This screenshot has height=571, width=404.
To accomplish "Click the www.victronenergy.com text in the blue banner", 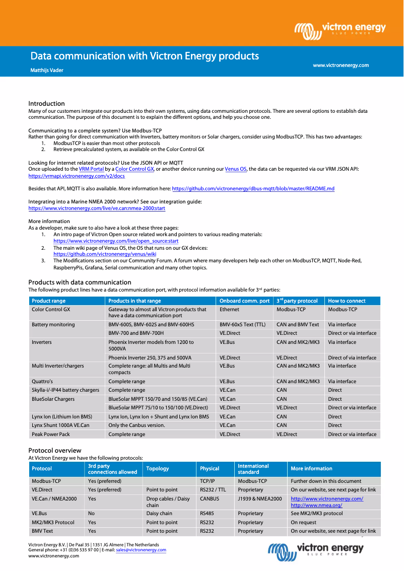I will click(x=341, y=65).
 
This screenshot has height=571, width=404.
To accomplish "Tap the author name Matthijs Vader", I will click(x=47, y=70).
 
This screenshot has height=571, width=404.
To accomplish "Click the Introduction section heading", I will click(x=46, y=103).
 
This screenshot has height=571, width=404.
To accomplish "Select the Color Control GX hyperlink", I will click(x=134, y=169).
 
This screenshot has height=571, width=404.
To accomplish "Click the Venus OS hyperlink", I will click(x=235, y=169).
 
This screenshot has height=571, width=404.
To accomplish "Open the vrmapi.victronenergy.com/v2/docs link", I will click(x=77, y=176).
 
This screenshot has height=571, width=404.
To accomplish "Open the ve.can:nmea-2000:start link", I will click(x=97, y=208).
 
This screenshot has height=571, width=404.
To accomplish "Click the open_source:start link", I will click(x=116, y=241).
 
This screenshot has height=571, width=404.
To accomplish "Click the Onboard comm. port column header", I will click(x=244, y=301).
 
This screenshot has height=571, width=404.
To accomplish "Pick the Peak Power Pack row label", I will click(x=51, y=434).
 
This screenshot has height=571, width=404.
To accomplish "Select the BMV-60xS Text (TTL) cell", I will click(x=242, y=324).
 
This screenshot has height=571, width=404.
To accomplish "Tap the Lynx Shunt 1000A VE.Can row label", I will click(x=60, y=425).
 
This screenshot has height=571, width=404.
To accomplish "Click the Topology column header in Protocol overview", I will click(x=157, y=468).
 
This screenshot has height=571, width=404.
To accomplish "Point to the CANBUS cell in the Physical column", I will click(x=210, y=498).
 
